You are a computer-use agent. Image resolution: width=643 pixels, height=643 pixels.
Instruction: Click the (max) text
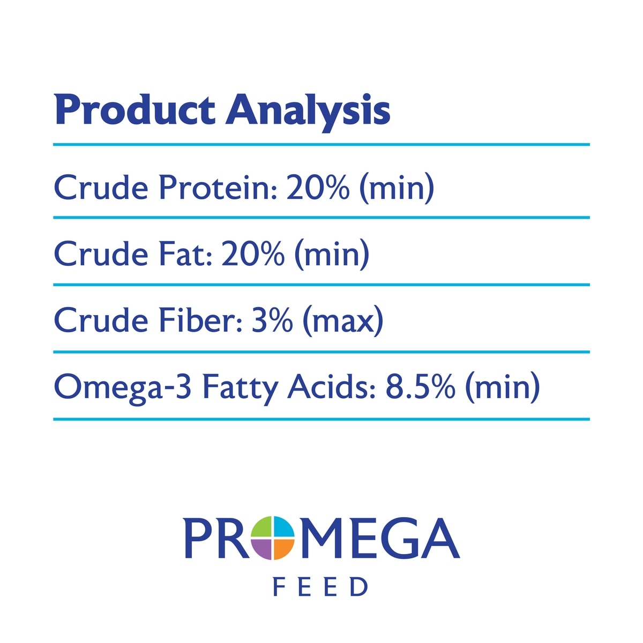(x=343, y=321)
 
